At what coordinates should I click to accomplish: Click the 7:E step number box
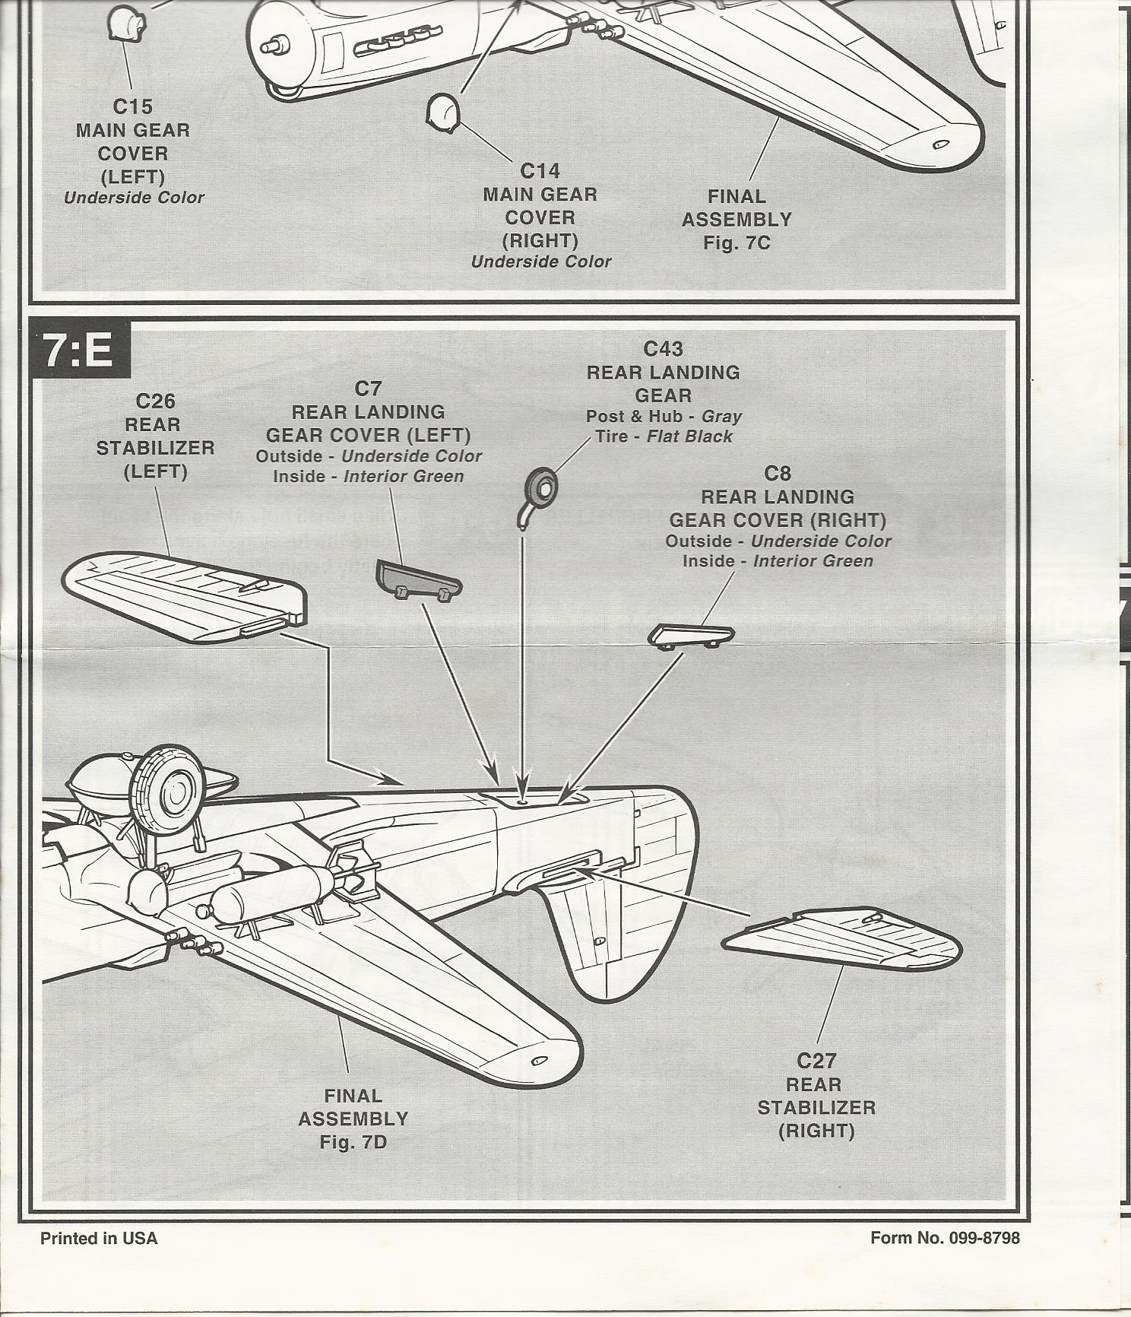79,350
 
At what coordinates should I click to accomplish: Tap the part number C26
155,401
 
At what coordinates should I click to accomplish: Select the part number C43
663,348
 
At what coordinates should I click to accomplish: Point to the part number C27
816,1060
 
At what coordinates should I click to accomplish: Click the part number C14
540,170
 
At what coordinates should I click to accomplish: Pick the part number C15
132,106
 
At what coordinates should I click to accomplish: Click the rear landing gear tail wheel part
540,487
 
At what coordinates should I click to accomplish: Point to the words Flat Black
689,436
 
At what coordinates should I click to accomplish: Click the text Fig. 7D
353,1142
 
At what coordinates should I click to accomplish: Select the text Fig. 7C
737,243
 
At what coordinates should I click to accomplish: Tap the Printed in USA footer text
99,1238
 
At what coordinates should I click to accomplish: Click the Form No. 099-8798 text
945,1238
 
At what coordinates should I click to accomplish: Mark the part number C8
777,473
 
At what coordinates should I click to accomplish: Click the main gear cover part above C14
442,112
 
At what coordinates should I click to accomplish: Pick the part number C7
368,389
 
